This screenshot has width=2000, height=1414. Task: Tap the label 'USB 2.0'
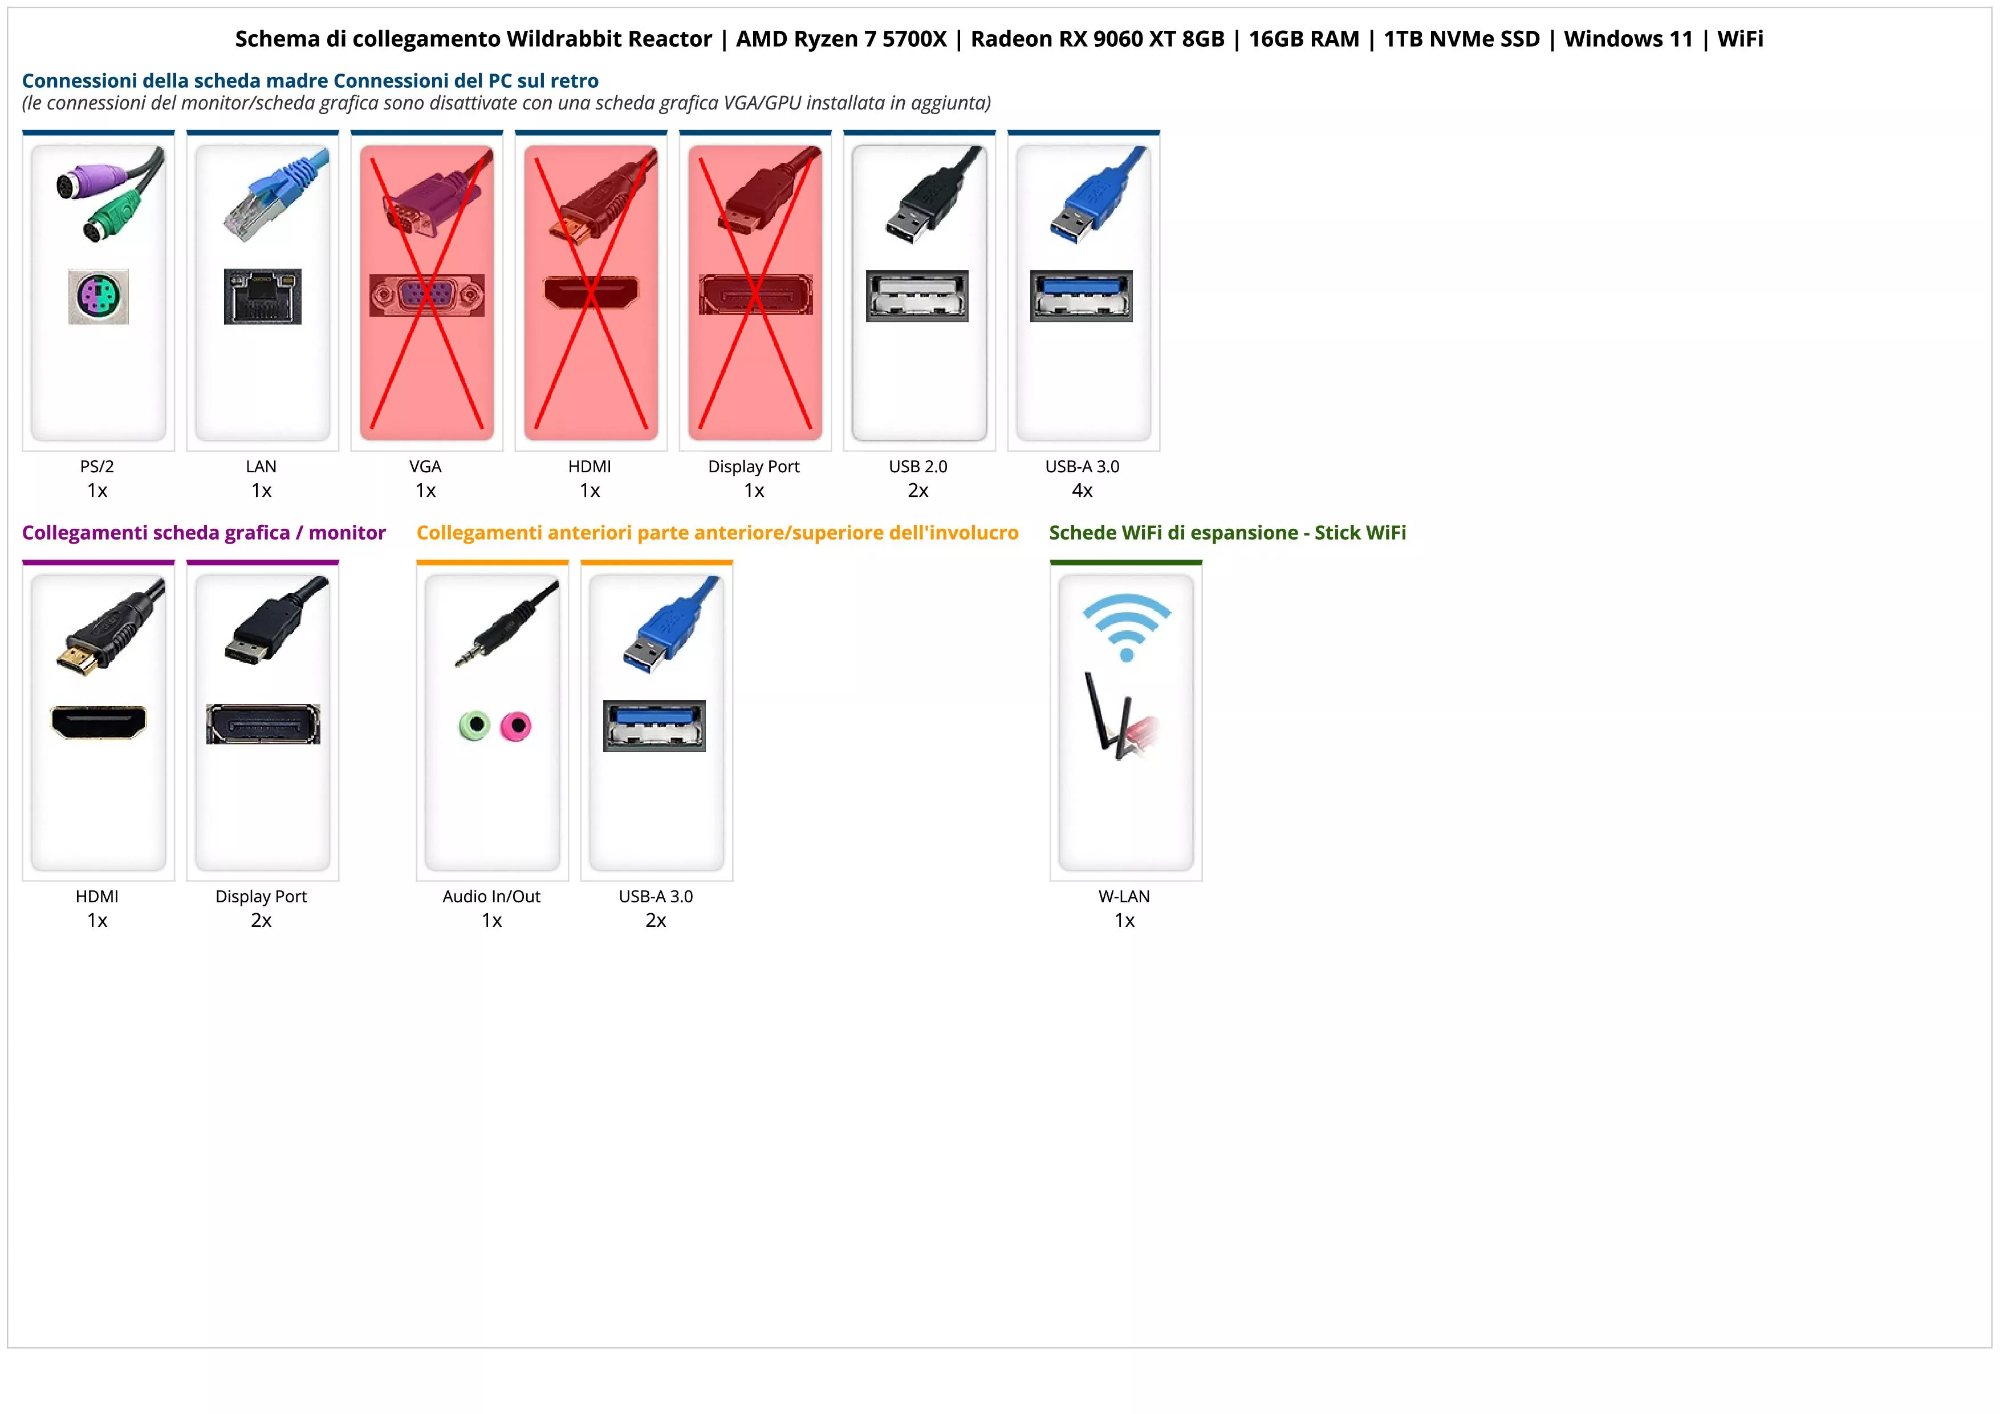click(x=917, y=466)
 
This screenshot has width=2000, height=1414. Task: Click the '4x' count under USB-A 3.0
click(x=1082, y=491)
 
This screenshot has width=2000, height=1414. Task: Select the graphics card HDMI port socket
click(x=99, y=722)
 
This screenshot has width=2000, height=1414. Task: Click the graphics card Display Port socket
click(x=262, y=724)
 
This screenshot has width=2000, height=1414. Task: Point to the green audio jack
click(x=474, y=725)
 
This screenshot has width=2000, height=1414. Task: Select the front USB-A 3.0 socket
click(x=654, y=725)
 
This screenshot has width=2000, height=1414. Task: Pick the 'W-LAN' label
click(x=1124, y=897)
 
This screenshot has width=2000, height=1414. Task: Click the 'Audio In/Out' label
click(x=491, y=897)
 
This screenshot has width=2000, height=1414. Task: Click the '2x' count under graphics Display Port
click(x=261, y=921)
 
